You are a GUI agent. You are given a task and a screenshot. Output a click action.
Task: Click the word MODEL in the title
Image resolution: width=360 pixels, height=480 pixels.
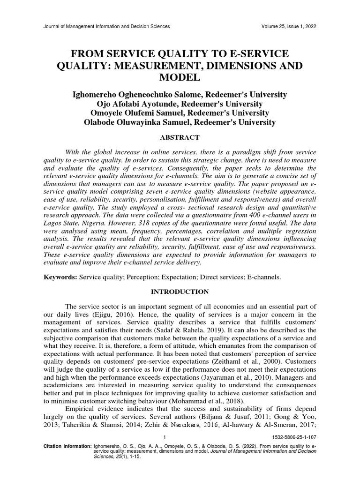[180, 77]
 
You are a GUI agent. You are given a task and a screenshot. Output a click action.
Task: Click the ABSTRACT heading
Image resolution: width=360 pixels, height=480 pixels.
[180, 137]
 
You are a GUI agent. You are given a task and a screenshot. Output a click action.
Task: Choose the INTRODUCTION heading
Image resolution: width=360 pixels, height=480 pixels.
[180, 292]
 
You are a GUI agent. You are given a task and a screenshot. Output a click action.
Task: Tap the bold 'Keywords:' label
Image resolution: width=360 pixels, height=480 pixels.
[60, 277]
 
